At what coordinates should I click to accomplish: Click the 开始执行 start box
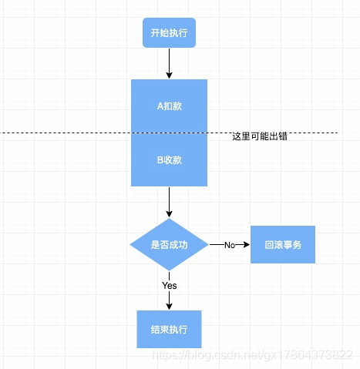pos(169,33)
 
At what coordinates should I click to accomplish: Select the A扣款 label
pos(169,106)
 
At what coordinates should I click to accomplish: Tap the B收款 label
pos(169,160)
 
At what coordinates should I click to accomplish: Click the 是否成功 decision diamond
pos(169,244)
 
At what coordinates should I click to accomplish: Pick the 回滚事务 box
pos(283,244)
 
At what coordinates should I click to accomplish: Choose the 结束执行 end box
pos(169,329)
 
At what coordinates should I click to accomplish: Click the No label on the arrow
pos(229,244)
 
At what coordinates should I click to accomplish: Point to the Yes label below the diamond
pos(169,285)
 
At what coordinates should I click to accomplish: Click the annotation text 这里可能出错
pos(260,136)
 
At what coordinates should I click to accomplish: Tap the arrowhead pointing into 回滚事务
pos(247,244)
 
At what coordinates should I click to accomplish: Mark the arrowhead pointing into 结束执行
pos(169,306)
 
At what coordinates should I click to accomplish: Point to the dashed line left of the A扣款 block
pos(66,133)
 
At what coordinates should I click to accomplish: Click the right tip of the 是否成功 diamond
pos(208,244)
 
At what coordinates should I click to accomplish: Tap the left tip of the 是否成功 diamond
pos(130,244)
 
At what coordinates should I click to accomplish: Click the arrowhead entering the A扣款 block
pos(169,75)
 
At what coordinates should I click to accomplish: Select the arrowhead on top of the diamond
pos(169,214)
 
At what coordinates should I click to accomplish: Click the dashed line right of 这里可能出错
pos(316,133)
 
